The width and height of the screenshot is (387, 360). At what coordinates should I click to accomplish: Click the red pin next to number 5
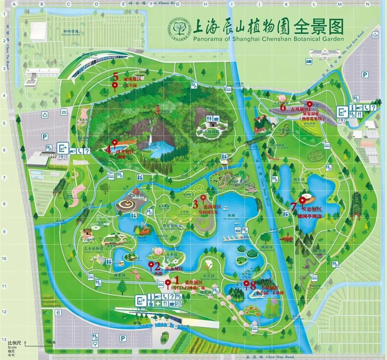pyautogui.click(x=115, y=86)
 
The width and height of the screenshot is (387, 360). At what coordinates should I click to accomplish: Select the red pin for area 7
pyautogui.click(x=303, y=201)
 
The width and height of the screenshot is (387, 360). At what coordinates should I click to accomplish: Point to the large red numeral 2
pyautogui.click(x=157, y=266)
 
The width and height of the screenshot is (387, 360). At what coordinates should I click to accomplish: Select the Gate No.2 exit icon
pyautogui.click(x=342, y=111)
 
